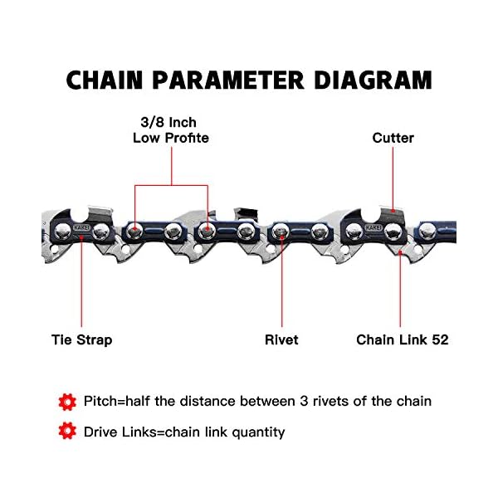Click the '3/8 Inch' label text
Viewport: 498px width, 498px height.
pyautogui.click(x=170, y=123)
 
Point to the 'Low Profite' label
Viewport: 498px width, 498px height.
pyautogui.click(x=170, y=138)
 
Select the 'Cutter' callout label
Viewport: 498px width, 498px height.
pyautogui.click(x=393, y=138)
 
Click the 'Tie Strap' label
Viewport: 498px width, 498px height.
pyautogui.click(x=81, y=339)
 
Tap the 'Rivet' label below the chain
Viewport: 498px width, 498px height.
pyautogui.click(x=281, y=339)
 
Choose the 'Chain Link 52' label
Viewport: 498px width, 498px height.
pyautogui.click(x=402, y=339)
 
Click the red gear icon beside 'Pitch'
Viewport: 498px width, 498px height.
pyautogui.click(x=67, y=402)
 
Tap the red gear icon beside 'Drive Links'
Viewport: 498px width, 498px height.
pyautogui.click(x=67, y=432)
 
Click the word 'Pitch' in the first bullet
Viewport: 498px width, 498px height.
pyautogui.click(x=101, y=402)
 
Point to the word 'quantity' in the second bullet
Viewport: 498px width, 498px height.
pyautogui.click(x=258, y=432)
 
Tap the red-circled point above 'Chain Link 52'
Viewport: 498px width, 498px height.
pyautogui.click(x=400, y=252)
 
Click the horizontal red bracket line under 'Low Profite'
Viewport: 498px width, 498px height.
pyautogui.click(x=170, y=184)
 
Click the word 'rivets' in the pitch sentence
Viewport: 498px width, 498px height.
pyautogui.click(x=330, y=402)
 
